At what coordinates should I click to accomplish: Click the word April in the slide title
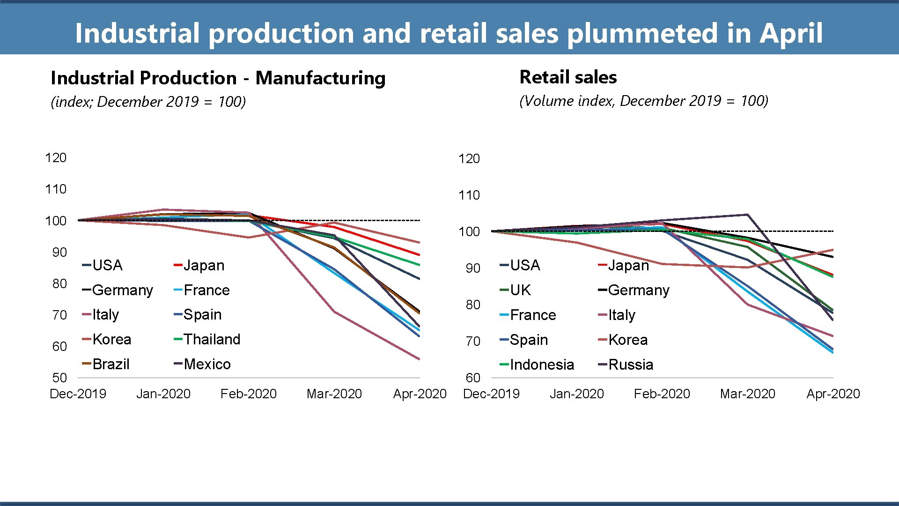click(x=790, y=34)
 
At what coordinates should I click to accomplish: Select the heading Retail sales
click(x=568, y=77)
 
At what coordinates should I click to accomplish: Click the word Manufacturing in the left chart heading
click(x=320, y=78)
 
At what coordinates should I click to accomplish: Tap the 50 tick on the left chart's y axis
click(x=59, y=378)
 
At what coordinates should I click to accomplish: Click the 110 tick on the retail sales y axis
click(x=469, y=195)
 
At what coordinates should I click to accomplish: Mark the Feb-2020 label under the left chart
click(x=248, y=394)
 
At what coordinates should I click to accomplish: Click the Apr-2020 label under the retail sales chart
click(x=833, y=394)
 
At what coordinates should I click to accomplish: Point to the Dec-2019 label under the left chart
click(x=78, y=394)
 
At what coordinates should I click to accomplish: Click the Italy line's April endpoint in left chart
click(x=419, y=359)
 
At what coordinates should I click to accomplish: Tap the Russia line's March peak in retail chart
click(x=747, y=215)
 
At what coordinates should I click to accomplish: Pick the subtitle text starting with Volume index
click(x=644, y=101)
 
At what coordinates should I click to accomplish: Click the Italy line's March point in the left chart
click(x=334, y=312)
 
